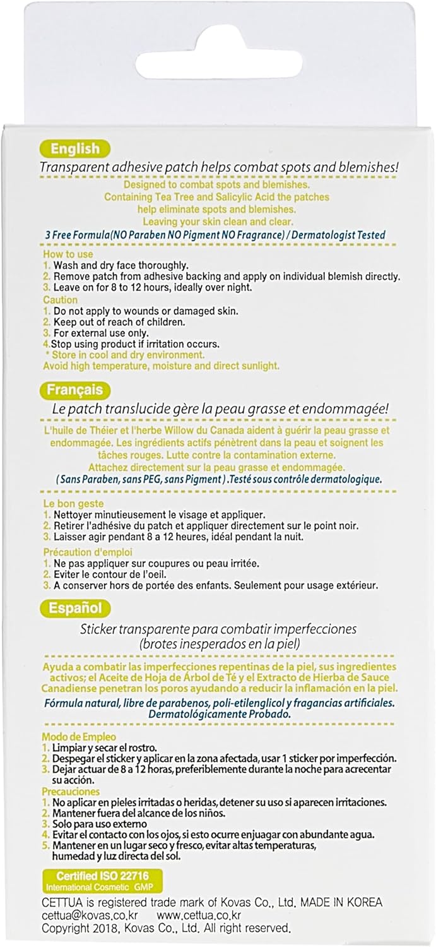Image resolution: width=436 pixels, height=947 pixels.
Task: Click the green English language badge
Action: point(75,150)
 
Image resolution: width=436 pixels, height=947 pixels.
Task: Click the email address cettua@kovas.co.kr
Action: point(90,915)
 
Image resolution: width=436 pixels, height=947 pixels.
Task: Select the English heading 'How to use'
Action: point(68,254)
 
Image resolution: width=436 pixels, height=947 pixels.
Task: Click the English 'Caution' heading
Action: point(61,300)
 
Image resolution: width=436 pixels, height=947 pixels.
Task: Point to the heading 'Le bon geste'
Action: point(73,504)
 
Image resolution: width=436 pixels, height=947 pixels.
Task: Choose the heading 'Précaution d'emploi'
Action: point(88,552)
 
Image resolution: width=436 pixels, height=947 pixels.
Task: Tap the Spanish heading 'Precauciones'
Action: point(71,791)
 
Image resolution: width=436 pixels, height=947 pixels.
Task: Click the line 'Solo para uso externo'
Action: point(105,824)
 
